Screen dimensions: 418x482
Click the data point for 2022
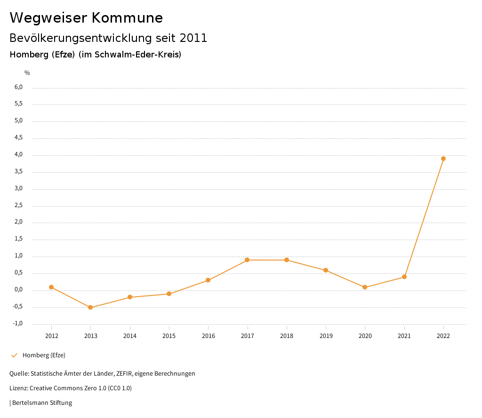(x=443, y=159)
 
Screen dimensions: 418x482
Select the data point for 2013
(x=91, y=307)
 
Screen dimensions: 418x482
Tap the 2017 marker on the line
(x=248, y=260)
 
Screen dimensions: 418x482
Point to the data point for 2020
(x=365, y=287)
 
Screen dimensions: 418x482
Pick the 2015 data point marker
(x=169, y=294)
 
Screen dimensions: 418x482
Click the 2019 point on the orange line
(x=326, y=270)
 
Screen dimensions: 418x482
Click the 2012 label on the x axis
(x=52, y=336)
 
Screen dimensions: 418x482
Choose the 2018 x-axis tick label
(x=287, y=336)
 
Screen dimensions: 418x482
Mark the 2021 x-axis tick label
(x=404, y=336)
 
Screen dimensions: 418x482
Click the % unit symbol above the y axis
(x=27, y=72)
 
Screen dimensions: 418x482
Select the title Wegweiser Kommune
(x=86, y=18)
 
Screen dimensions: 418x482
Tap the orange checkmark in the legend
(x=14, y=355)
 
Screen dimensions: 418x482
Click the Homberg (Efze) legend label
(x=44, y=355)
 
